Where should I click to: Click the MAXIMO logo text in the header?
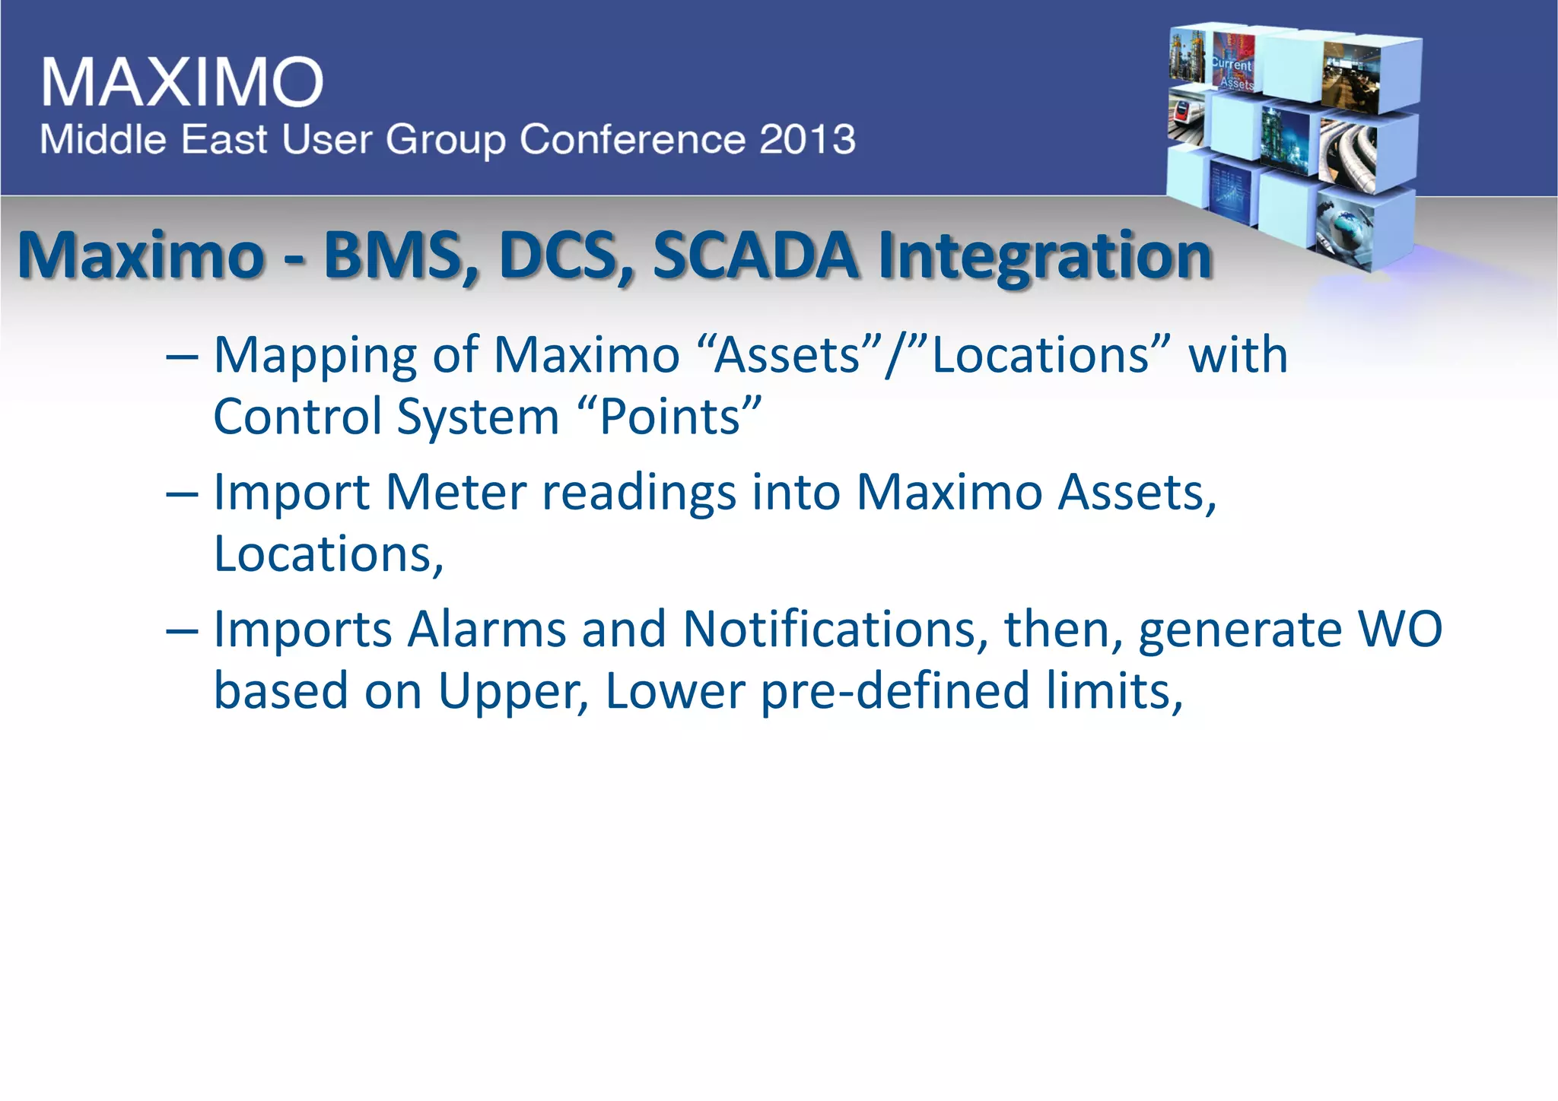183,81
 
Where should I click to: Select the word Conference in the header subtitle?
632,139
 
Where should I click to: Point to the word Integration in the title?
1044,257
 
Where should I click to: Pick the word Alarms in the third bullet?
487,630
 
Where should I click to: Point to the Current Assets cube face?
1232,65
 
